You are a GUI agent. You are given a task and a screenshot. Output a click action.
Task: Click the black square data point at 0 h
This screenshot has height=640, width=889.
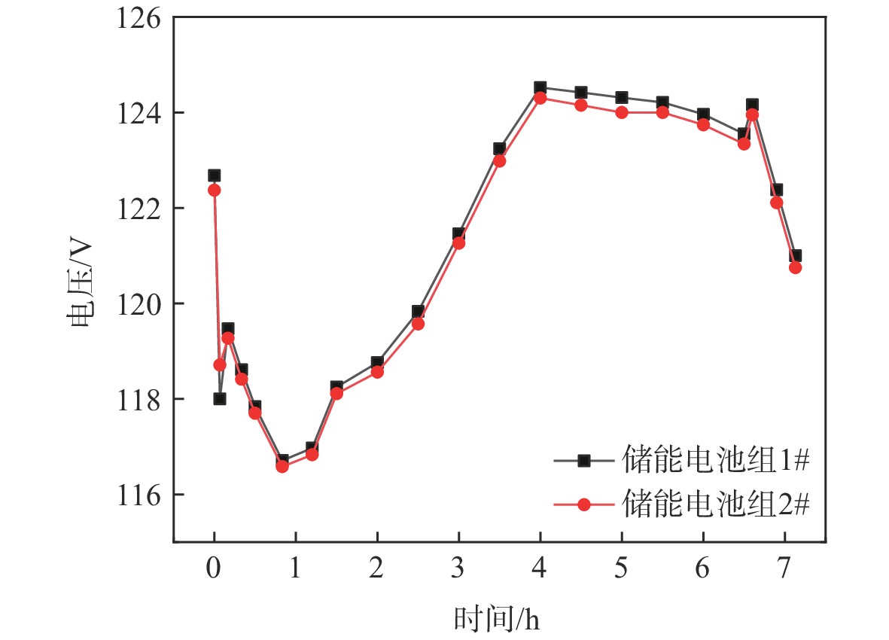[x=214, y=175]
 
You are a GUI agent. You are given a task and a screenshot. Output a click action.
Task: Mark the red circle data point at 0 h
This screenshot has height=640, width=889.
[x=214, y=190]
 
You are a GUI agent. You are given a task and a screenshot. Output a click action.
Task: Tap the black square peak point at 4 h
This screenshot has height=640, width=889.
[x=540, y=88]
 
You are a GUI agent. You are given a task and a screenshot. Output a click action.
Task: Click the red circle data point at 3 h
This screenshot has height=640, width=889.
[x=458, y=242]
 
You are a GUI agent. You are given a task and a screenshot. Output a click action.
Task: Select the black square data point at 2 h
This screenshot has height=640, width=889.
[x=377, y=363]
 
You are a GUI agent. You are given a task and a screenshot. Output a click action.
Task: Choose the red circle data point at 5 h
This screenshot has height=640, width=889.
[x=622, y=112]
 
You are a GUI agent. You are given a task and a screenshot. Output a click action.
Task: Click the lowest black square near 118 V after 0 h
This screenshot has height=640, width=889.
[x=220, y=398]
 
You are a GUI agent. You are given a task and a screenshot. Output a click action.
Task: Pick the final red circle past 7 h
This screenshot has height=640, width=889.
[x=795, y=267]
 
